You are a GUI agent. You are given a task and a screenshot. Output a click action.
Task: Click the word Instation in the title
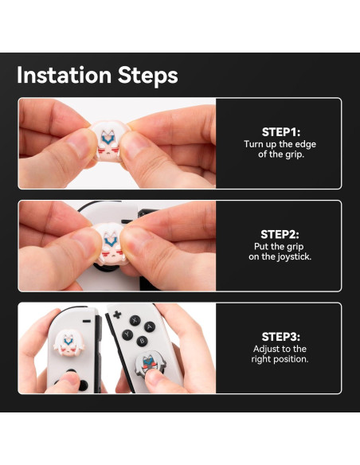coord(65,76)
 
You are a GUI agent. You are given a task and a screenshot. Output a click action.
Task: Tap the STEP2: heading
coord(279,234)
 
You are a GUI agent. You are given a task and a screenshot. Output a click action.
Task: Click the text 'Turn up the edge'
coord(279,144)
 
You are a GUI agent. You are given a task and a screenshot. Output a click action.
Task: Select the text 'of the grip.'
coord(279,154)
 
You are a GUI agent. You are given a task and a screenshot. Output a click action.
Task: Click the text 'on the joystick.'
coord(279,256)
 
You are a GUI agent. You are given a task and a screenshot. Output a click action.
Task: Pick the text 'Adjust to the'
coord(279,349)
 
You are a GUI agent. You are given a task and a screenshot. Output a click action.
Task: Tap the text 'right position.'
coord(279,359)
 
